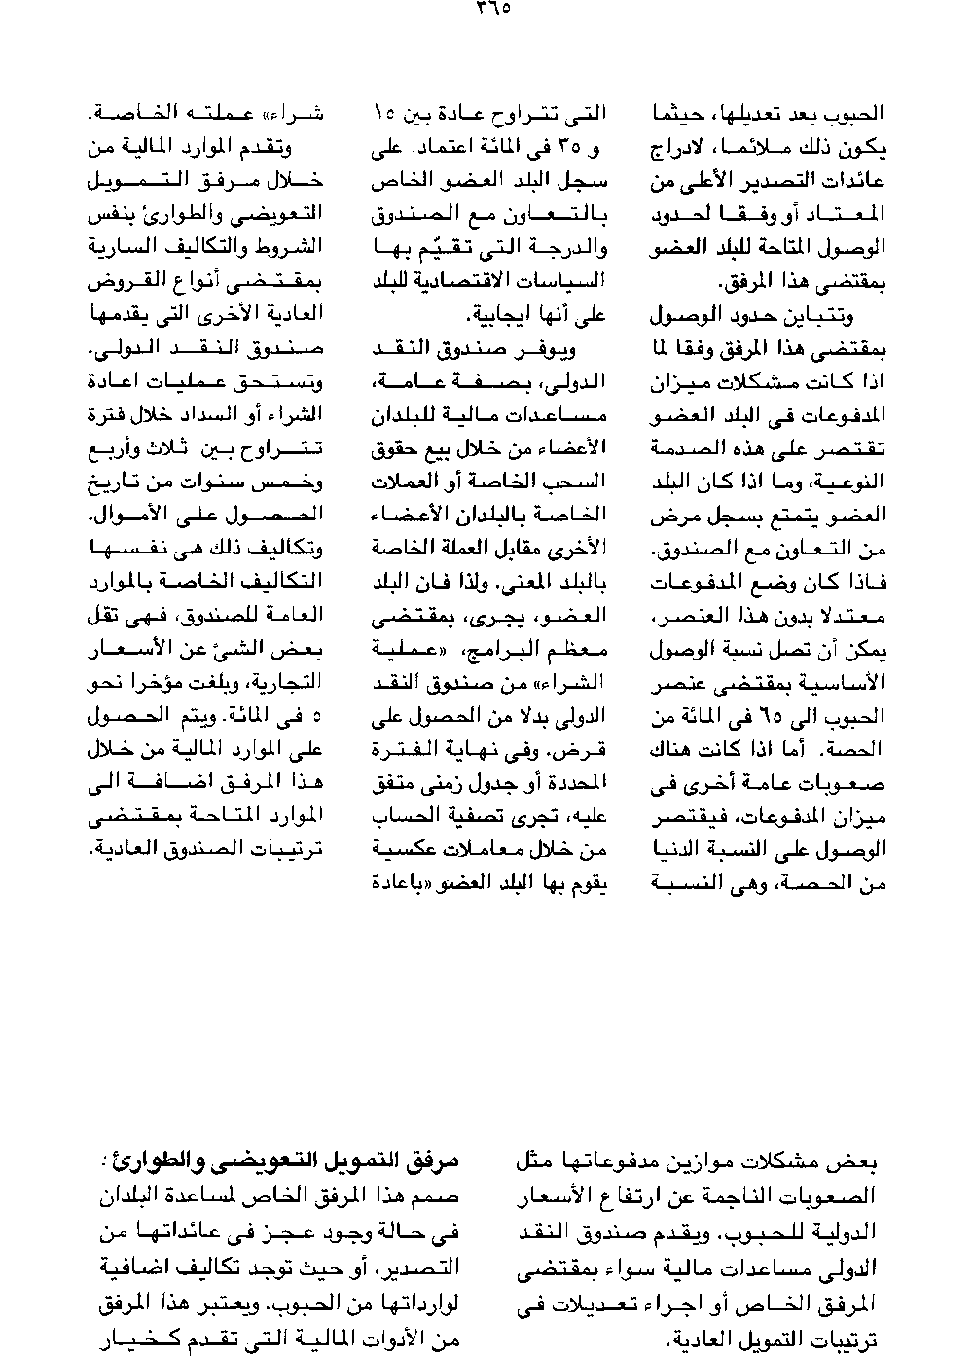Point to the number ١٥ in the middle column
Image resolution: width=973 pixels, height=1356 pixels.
pos(382,115)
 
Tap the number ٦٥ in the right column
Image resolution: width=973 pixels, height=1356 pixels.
pos(773,718)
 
